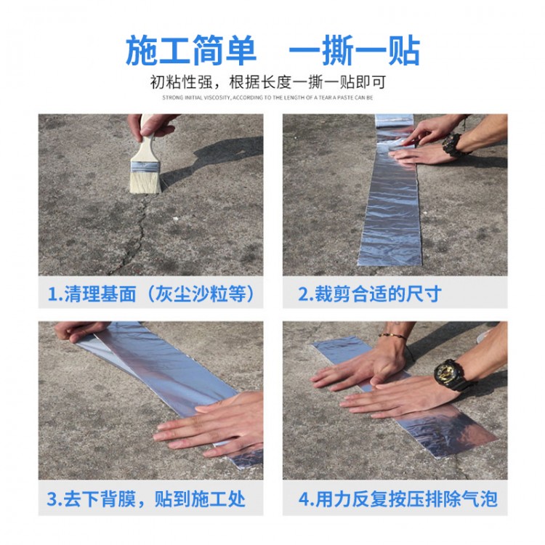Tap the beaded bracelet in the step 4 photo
point(392,336)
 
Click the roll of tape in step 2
point(394,121)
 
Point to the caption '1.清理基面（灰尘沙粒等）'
point(151,294)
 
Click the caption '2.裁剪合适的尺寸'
point(370,294)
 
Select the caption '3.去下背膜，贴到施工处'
point(146,499)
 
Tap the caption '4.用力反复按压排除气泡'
point(398,499)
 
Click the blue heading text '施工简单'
point(191,50)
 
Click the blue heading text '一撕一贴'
point(355,50)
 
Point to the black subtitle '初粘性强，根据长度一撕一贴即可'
point(268,82)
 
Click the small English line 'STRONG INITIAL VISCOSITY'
point(196,97)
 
